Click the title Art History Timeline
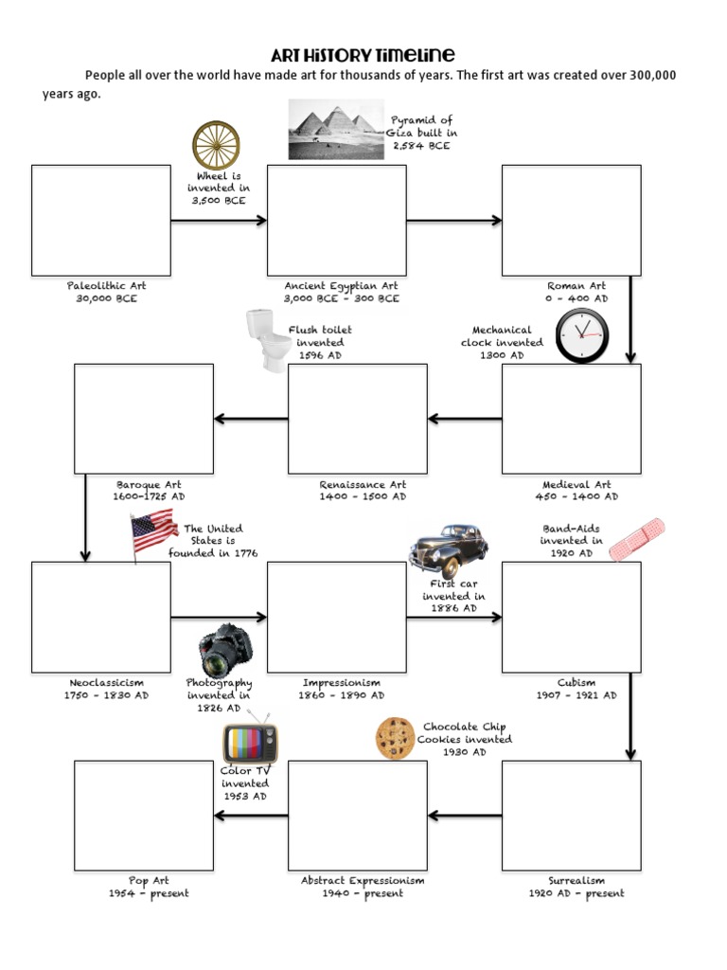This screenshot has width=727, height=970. (x=363, y=55)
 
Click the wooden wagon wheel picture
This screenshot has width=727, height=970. (x=216, y=146)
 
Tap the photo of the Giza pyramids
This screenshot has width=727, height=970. (x=336, y=131)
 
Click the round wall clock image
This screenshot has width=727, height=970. (x=581, y=336)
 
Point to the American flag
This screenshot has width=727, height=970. (x=153, y=532)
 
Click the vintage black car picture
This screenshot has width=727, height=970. (x=449, y=549)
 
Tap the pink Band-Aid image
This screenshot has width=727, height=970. (x=636, y=539)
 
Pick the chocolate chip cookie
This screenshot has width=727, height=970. (x=396, y=738)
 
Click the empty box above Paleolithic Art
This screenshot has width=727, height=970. (x=101, y=221)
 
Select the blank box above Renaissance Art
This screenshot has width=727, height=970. (x=358, y=419)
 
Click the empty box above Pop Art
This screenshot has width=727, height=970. (x=144, y=816)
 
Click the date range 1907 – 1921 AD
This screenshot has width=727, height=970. (x=576, y=695)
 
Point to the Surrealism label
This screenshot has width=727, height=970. (x=576, y=881)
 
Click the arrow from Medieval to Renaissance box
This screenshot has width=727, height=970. (x=464, y=419)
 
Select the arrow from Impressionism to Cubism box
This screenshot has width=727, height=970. (x=454, y=618)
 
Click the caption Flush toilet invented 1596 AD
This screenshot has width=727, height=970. (x=320, y=343)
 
